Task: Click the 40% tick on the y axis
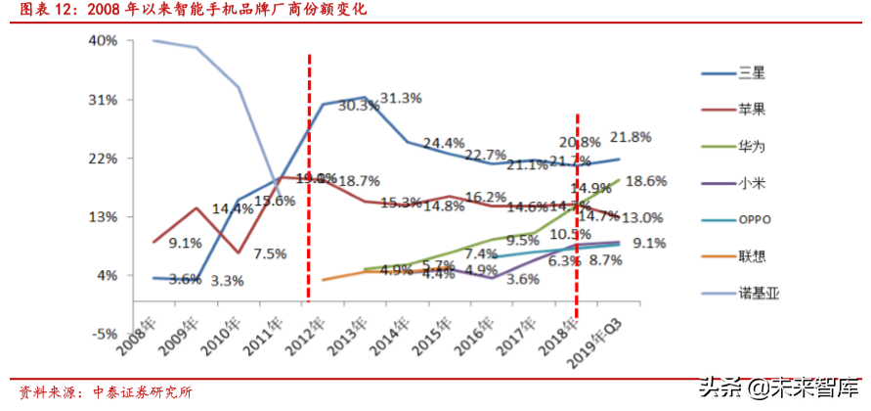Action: point(103,41)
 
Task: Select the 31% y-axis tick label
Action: point(103,100)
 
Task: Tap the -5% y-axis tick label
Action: point(103,334)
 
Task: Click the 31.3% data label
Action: point(400,98)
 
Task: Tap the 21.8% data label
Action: point(631,136)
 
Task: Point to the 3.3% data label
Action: point(227,281)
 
